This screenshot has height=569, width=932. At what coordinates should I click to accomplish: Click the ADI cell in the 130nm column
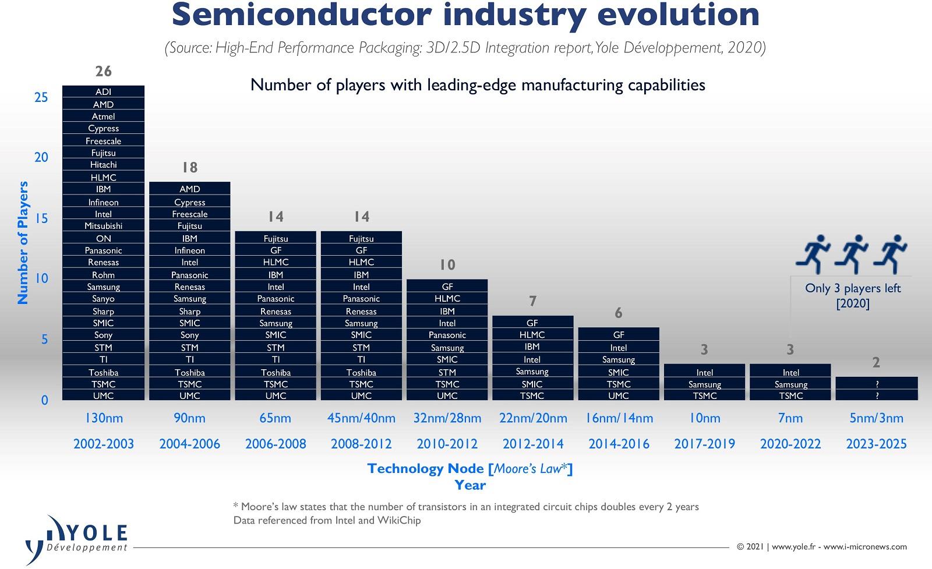pyautogui.click(x=103, y=92)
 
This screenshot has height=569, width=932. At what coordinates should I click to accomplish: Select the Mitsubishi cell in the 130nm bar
pyautogui.click(x=103, y=226)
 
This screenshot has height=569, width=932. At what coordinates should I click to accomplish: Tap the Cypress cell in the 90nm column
pyautogui.click(x=190, y=202)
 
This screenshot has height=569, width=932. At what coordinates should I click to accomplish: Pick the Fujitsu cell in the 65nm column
pyautogui.click(x=276, y=238)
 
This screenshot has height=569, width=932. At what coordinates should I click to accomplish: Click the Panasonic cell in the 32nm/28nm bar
pyautogui.click(x=447, y=335)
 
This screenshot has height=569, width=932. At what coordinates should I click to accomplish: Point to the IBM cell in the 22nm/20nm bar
pyautogui.click(x=532, y=347)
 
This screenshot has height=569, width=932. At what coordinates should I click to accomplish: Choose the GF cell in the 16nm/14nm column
pyautogui.click(x=619, y=335)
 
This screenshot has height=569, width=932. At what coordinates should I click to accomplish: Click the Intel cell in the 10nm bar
pyautogui.click(x=704, y=372)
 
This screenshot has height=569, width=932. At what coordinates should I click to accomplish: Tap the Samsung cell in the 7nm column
pyautogui.click(x=790, y=384)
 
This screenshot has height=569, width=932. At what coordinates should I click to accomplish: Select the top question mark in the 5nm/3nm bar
pyautogui.click(x=877, y=384)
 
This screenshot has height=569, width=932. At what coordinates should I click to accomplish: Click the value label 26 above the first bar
pyautogui.click(x=103, y=72)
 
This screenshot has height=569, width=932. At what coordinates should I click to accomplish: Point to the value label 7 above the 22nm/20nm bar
pyautogui.click(x=532, y=301)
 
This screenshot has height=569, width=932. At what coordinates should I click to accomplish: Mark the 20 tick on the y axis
pyautogui.click(x=41, y=158)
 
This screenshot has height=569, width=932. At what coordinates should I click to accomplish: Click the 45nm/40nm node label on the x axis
pyautogui.click(x=361, y=418)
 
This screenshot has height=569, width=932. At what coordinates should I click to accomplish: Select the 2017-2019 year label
pyautogui.click(x=704, y=444)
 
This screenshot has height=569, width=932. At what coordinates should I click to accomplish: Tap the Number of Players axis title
pyautogui.click(x=23, y=242)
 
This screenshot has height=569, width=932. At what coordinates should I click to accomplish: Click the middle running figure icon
pyautogui.click(x=852, y=254)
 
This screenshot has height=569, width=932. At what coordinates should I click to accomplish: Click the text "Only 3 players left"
pyautogui.click(x=852, y=288)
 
